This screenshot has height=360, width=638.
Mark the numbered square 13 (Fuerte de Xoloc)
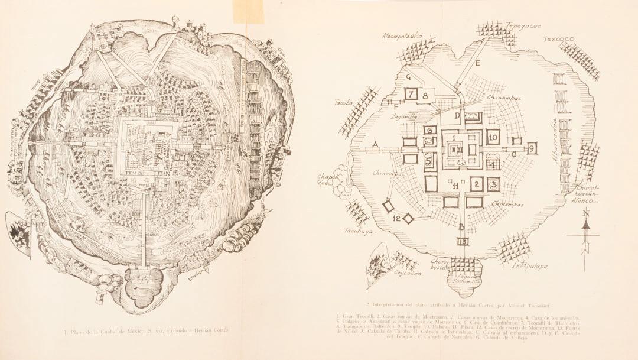coord(463,242)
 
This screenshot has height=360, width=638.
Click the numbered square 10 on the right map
coord(494,136)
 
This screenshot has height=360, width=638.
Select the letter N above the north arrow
coord(585,213)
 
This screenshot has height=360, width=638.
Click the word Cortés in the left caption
coord(219,330)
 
